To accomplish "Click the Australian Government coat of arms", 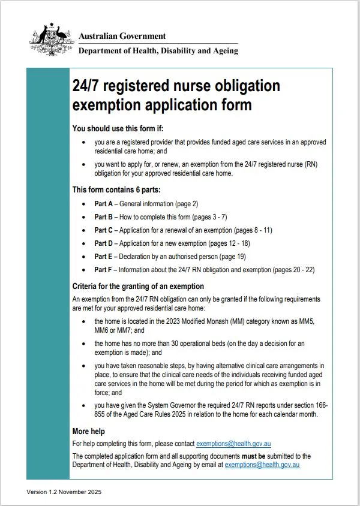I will click(x=51, y=40).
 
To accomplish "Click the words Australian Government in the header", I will click(x=122, y=37).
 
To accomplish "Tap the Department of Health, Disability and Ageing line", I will click(x=158, y=51).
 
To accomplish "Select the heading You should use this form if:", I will click(x=118, y=128).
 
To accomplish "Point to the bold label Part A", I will click(x=104, y=204).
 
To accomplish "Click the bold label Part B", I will click(x=104, y=217).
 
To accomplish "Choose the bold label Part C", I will click(x=104, y=230).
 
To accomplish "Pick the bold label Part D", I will click(x=104, y=243).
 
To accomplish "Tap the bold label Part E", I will click(x=104, y=257).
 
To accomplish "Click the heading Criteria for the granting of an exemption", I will click(x=138, y=286).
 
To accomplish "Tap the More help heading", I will click(x=89, y=431).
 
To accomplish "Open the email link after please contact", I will click(x=233, y=444).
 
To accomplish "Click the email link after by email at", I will click(x=262, y=464).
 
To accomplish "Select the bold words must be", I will click(x=270, y=456).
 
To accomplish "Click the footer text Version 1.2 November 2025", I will click(x=64, y=492).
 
